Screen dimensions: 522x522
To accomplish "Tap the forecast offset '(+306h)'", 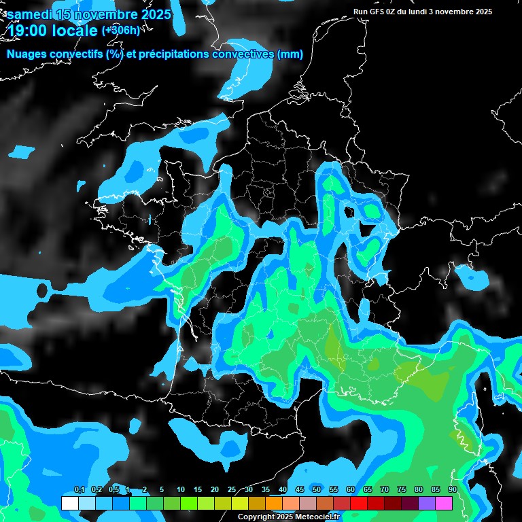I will [121, 30].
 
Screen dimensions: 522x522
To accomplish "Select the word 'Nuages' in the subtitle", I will [27, 54].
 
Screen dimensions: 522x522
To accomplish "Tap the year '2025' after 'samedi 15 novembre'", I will [152, 14].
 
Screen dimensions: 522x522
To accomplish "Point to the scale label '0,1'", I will [80, 490].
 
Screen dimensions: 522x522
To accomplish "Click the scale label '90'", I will [452, 490].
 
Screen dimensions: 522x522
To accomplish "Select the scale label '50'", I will [317, 490].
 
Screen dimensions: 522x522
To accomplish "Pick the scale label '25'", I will [232, 490].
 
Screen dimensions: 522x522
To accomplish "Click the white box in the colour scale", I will [70, 503].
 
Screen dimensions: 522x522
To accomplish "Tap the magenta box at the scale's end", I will [444, 503].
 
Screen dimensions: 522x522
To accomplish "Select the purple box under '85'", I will [427, 503].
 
